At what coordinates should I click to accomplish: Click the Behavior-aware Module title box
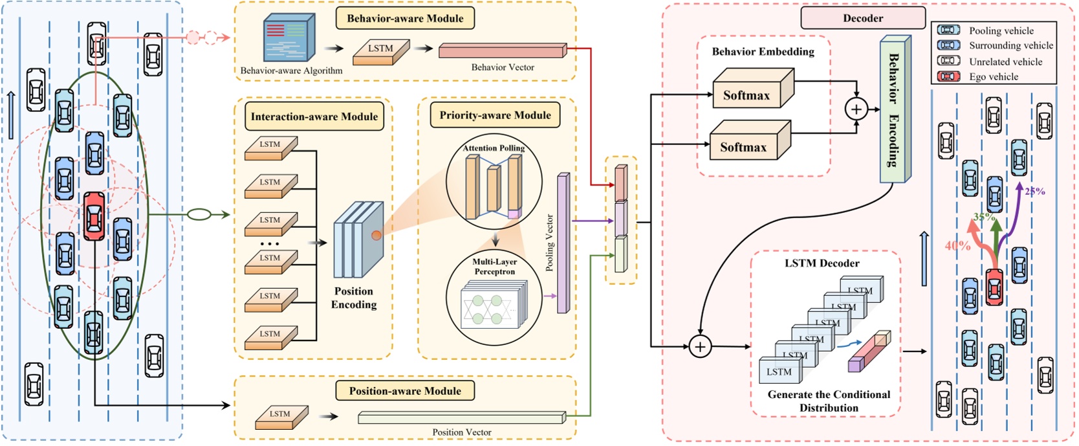[405, 18]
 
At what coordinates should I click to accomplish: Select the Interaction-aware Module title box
[314, 117]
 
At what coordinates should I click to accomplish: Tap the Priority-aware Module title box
[495, 115]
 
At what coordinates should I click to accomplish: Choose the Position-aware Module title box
[405, 391]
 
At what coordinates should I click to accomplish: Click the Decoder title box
[862, 18]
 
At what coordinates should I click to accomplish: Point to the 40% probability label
[957, 246]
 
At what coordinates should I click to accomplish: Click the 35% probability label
[984, 217]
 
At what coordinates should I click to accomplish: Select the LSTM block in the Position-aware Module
[281, 417]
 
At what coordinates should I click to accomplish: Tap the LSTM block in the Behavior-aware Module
[381, 51]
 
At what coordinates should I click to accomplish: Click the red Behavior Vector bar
[502, 50]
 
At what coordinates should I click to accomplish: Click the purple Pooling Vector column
[563, 243]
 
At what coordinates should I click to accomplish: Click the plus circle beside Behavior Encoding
[856, 109]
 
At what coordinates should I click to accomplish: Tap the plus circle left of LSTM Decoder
[700, 347]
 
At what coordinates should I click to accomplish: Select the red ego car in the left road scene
[94, 216]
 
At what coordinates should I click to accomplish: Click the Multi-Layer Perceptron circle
[495, 300]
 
